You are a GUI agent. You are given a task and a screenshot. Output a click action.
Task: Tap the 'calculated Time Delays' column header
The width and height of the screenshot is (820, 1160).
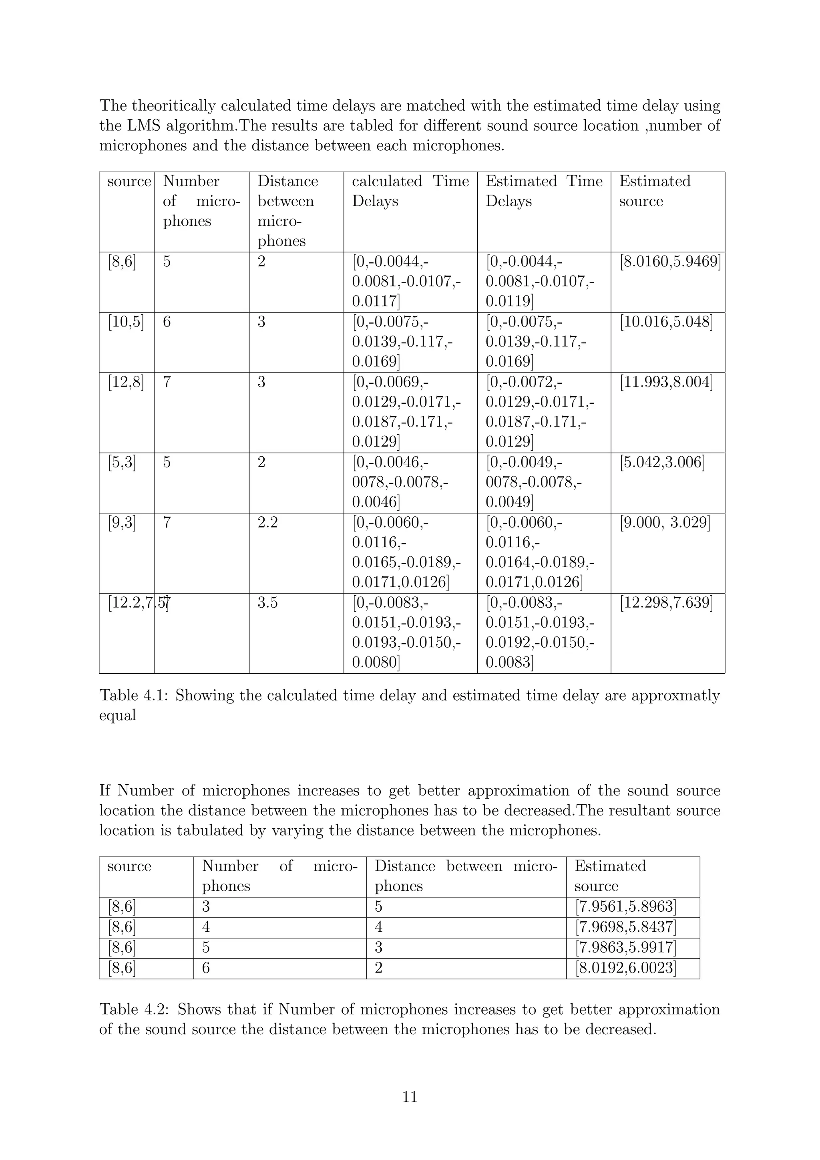[410, 191]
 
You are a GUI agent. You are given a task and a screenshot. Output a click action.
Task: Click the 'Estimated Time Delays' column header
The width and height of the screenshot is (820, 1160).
[544, 191]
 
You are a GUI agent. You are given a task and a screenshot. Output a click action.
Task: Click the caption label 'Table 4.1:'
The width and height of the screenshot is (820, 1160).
[134, 696]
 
